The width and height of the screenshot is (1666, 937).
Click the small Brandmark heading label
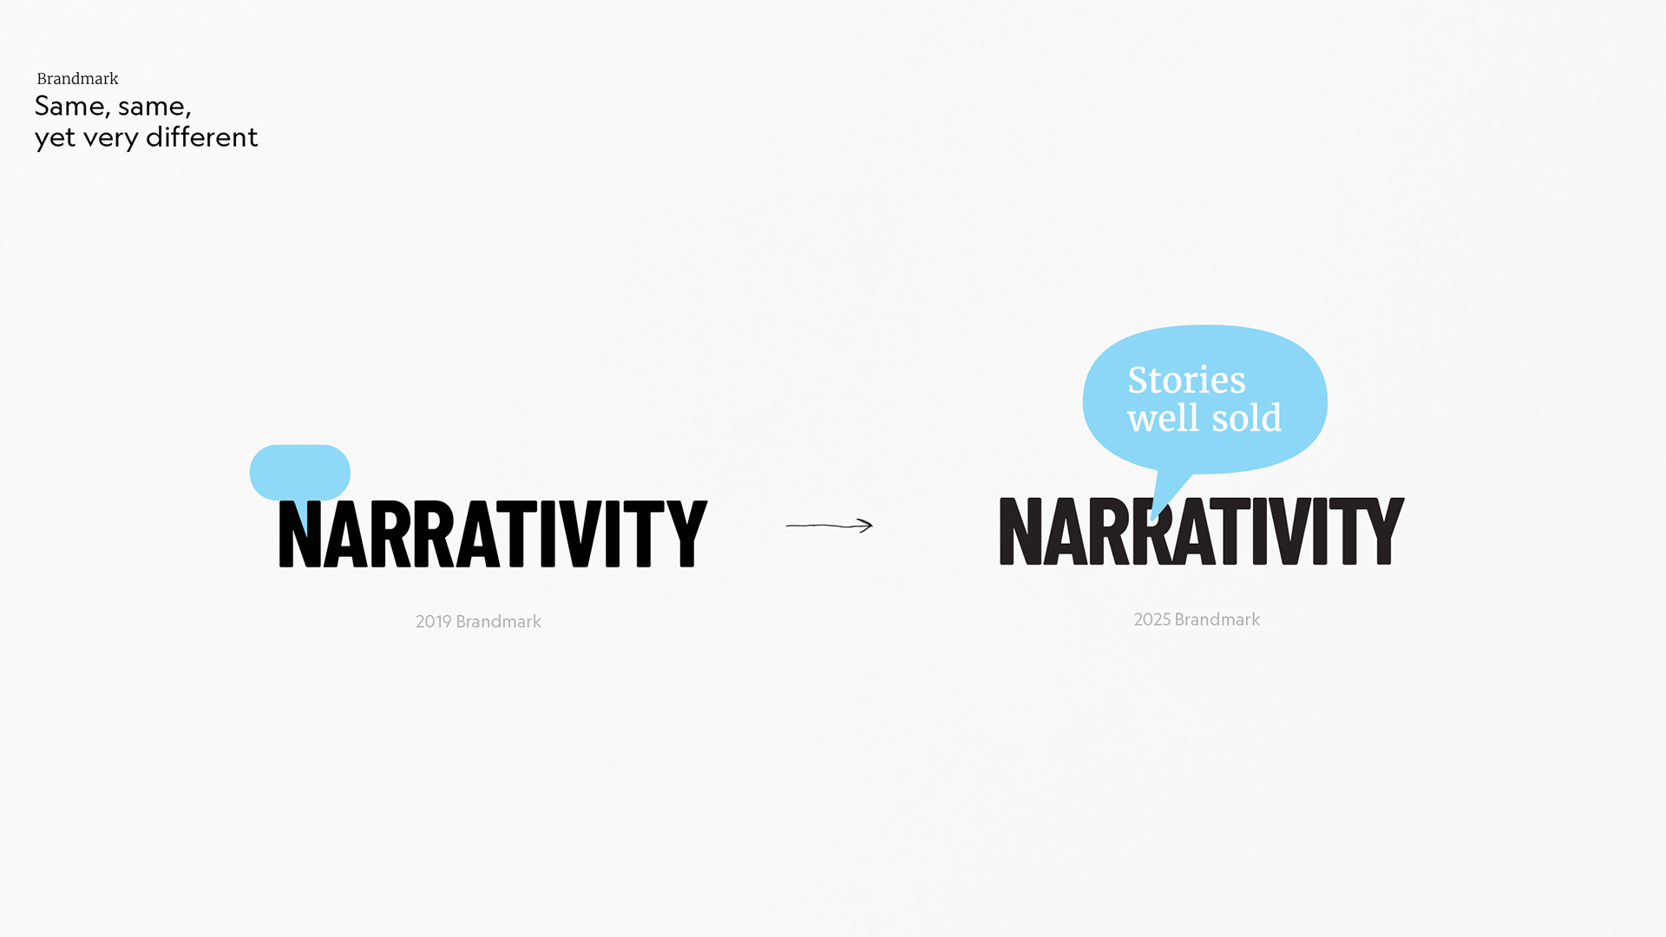tap(77, 79)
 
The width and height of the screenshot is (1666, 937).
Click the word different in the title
tap(201, 137)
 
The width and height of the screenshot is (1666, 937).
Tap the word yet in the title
tap(55, 139)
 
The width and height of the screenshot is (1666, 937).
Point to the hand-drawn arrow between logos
tap(829, 525)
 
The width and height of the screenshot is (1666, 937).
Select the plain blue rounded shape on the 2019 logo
tap(300, 472)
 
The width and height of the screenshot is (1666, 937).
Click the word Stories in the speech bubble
tap(1186, 380)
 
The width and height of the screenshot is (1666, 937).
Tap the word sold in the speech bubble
tap(1246, 417)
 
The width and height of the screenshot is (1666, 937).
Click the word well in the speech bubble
tap(1163, 417)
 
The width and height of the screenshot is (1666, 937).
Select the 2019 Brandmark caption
tap(478, 622)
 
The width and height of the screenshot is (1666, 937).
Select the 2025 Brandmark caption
tap(1197, 620)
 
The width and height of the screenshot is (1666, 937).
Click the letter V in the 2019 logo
tap(580, 534)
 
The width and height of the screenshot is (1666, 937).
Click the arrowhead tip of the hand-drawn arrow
tap(872, 525)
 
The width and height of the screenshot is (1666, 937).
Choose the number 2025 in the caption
tap(1152, 620)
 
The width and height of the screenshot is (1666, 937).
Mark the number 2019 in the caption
tap(434, 622)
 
